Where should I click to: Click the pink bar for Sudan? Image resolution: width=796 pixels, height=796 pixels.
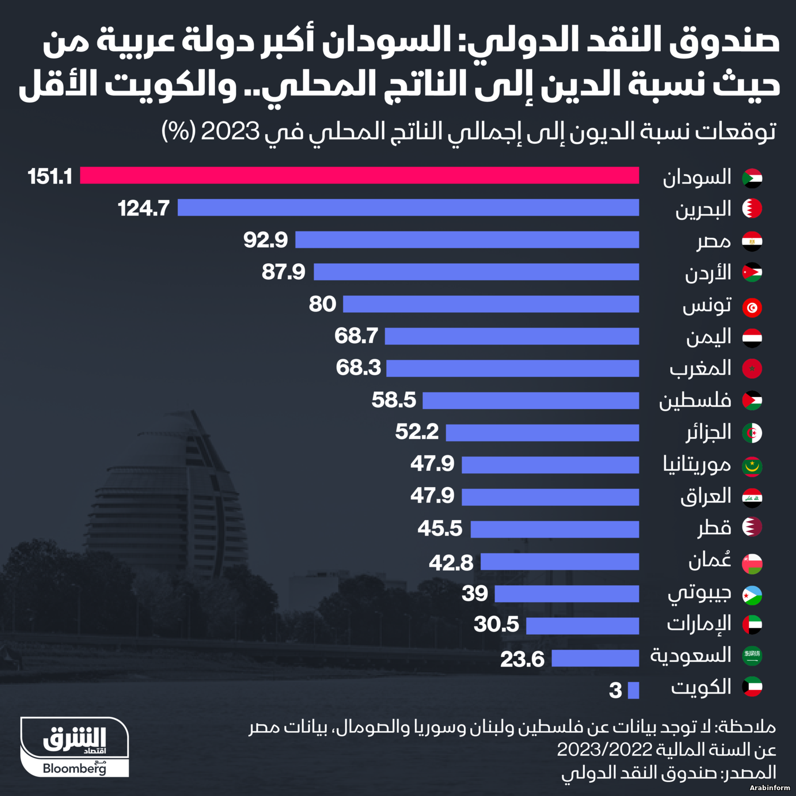tap(359, 176)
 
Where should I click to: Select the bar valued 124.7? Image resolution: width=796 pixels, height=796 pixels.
tap(408, 207)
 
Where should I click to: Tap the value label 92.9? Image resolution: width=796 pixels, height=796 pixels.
tap(265, 240)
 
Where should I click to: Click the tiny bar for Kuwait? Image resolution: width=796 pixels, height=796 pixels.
tap(633, 690)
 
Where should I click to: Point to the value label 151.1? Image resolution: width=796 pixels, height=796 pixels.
tap(50, 177)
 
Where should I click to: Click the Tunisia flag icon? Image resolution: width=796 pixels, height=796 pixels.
tap(752, 307)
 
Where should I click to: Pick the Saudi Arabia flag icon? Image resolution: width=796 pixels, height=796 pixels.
tap(752, 656)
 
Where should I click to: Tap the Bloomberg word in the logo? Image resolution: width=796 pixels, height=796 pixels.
tap(74, 768)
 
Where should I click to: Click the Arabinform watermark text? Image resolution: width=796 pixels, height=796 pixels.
tap(769, 788)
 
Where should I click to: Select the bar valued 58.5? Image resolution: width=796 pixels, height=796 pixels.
tap(531, 401)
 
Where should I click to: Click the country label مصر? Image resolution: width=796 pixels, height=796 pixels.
tap(714, 241)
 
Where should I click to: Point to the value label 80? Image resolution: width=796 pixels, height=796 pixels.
tap(323, 304)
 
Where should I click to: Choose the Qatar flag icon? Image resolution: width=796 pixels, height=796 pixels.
tap(752, 527)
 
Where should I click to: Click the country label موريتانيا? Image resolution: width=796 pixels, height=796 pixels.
tap(697, 465)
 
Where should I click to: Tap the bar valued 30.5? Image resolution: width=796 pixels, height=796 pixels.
tap(582, 626)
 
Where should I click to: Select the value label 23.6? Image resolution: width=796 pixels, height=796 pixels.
tap(522, 659)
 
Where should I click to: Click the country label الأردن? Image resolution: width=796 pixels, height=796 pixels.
tap(708, 273)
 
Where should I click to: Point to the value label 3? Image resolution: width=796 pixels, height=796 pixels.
tap(615, 690)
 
